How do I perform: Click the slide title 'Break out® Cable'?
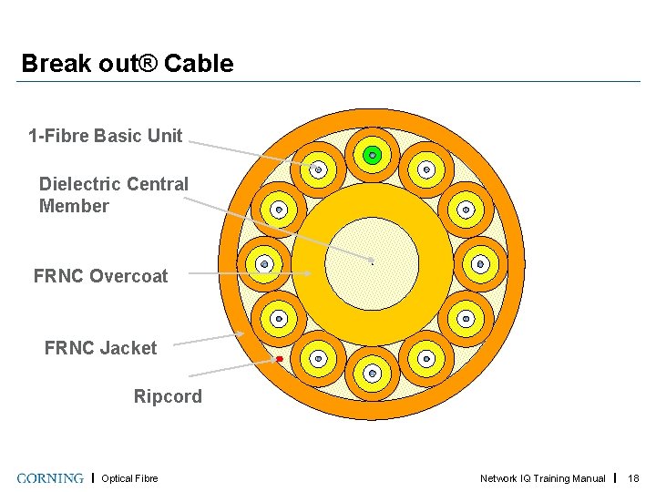pyautogui.click(x=127, y=64)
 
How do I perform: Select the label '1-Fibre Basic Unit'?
pyautogui.click(x=106, y=137)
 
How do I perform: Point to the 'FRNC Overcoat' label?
pyautogui.click(x=100, y=276)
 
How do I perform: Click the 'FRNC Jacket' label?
pyautogui.click(x=100, y=348)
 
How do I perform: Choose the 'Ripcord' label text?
pyautogui.click(x=168, y=396)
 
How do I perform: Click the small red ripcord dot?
pyautogui.click(x=280, y=360)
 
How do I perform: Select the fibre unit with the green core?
pyautogui.click(x=372, y=156)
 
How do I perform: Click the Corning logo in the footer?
pyautogui.click(x=50, y=478)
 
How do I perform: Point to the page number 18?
pyautogui.click(x=634, y=478)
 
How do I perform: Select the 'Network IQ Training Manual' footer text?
pyautogui.click(x=543, y=478)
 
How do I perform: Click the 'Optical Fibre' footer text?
pyautogui.click(x=129, y=478)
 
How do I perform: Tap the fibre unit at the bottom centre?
pyautogui.click(x=372, y=373)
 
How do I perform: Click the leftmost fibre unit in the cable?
pyautogui.click(x=264, y=264)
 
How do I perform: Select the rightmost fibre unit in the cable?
pyautogui.click(x=480, y=264)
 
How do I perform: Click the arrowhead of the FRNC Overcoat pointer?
pyautogui.click(x=309, y=272)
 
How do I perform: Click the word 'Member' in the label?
pyautogui.click(x=74, y=206)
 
